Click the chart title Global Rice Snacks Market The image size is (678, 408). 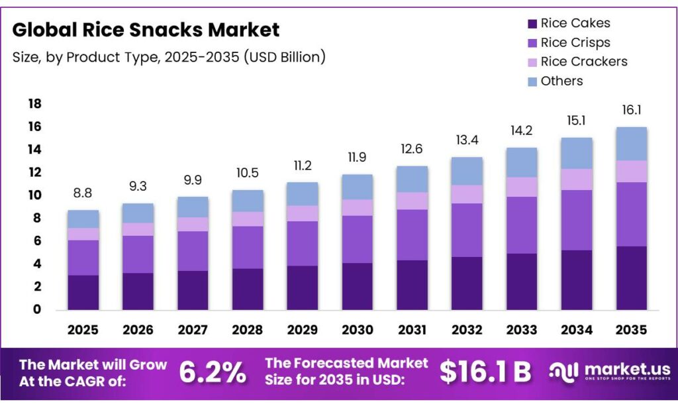(x=146, y=30)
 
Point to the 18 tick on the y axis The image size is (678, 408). (x=34, y=104)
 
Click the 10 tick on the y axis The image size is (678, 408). (x=34, y=195)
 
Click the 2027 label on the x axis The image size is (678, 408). (x=193, y=329)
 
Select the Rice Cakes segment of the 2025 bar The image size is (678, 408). (x=83, y=292)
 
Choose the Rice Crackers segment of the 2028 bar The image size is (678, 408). (x=247, y=219)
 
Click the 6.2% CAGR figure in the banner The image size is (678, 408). (x=213, y=372)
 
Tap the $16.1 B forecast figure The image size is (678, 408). (x=485, y=372)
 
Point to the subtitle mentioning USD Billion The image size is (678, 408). (x=169, y=57)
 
